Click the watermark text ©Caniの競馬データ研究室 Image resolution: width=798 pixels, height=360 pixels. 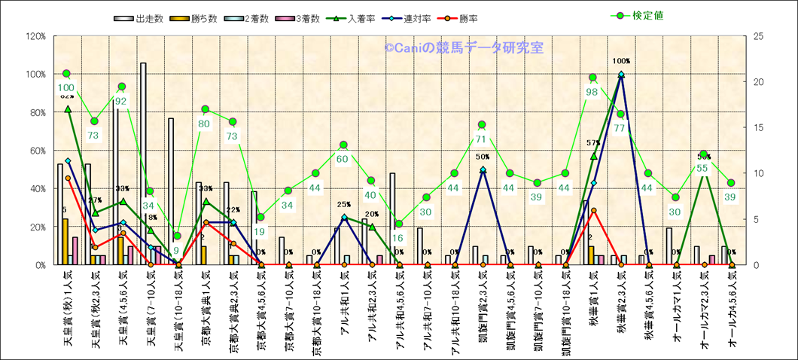464,47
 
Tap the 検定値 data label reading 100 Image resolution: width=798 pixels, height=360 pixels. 66,87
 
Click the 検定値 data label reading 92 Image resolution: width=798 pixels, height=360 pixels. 121,100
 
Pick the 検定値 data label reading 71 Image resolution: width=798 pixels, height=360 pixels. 482,139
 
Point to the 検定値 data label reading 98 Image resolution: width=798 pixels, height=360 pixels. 592,92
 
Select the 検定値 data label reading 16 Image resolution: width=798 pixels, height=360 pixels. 398,237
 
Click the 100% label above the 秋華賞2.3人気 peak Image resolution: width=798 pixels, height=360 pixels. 621,61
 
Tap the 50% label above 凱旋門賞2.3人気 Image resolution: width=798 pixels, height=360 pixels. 482,156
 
